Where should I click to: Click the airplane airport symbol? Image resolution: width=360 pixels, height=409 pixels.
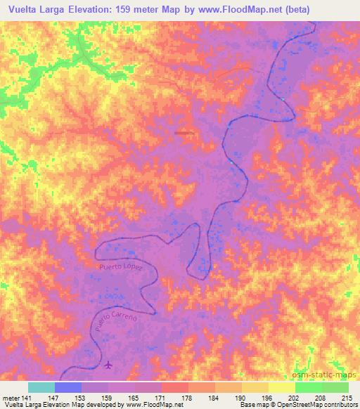pyautogui.click(x=108, y=365)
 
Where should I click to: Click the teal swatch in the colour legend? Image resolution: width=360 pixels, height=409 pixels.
pyautogui.click(x=41, y=387)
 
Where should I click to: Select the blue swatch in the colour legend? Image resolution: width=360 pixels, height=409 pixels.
pyautogui.click(x=68, y=387)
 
